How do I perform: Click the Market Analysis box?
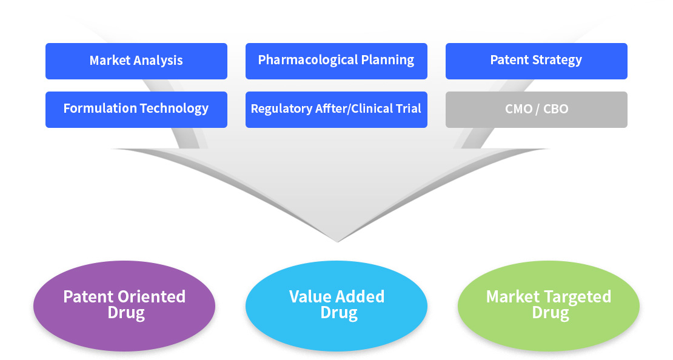click(136, 61)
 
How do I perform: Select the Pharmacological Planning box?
click(336, 61)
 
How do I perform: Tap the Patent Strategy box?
click(537, 61)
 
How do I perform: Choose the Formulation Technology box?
click(136, 110)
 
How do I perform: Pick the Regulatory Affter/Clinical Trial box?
click(336, 110)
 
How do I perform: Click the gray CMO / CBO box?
click(537, 110)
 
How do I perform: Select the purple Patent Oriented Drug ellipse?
click(124, 306)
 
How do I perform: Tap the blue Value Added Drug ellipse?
click(336, 306)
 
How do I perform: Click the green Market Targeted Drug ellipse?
click(549, 306)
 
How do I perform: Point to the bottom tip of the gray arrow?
click(337, 242)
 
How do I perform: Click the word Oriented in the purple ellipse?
click(152, 297)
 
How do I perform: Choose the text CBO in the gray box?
click(556, 109)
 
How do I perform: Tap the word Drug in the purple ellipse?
click(126, 313)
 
